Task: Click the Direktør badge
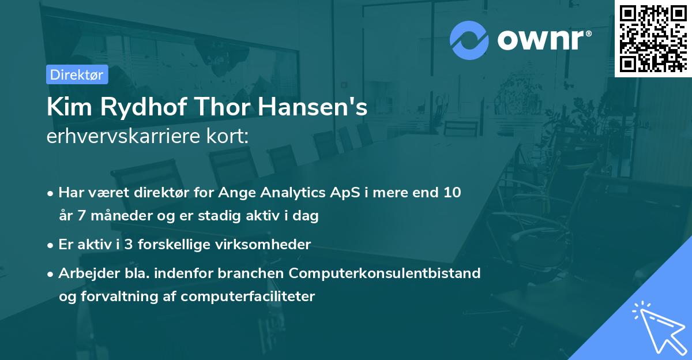tap(77, 74)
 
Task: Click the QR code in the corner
tap(653, 38)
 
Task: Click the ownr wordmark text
tap(543, 40)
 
